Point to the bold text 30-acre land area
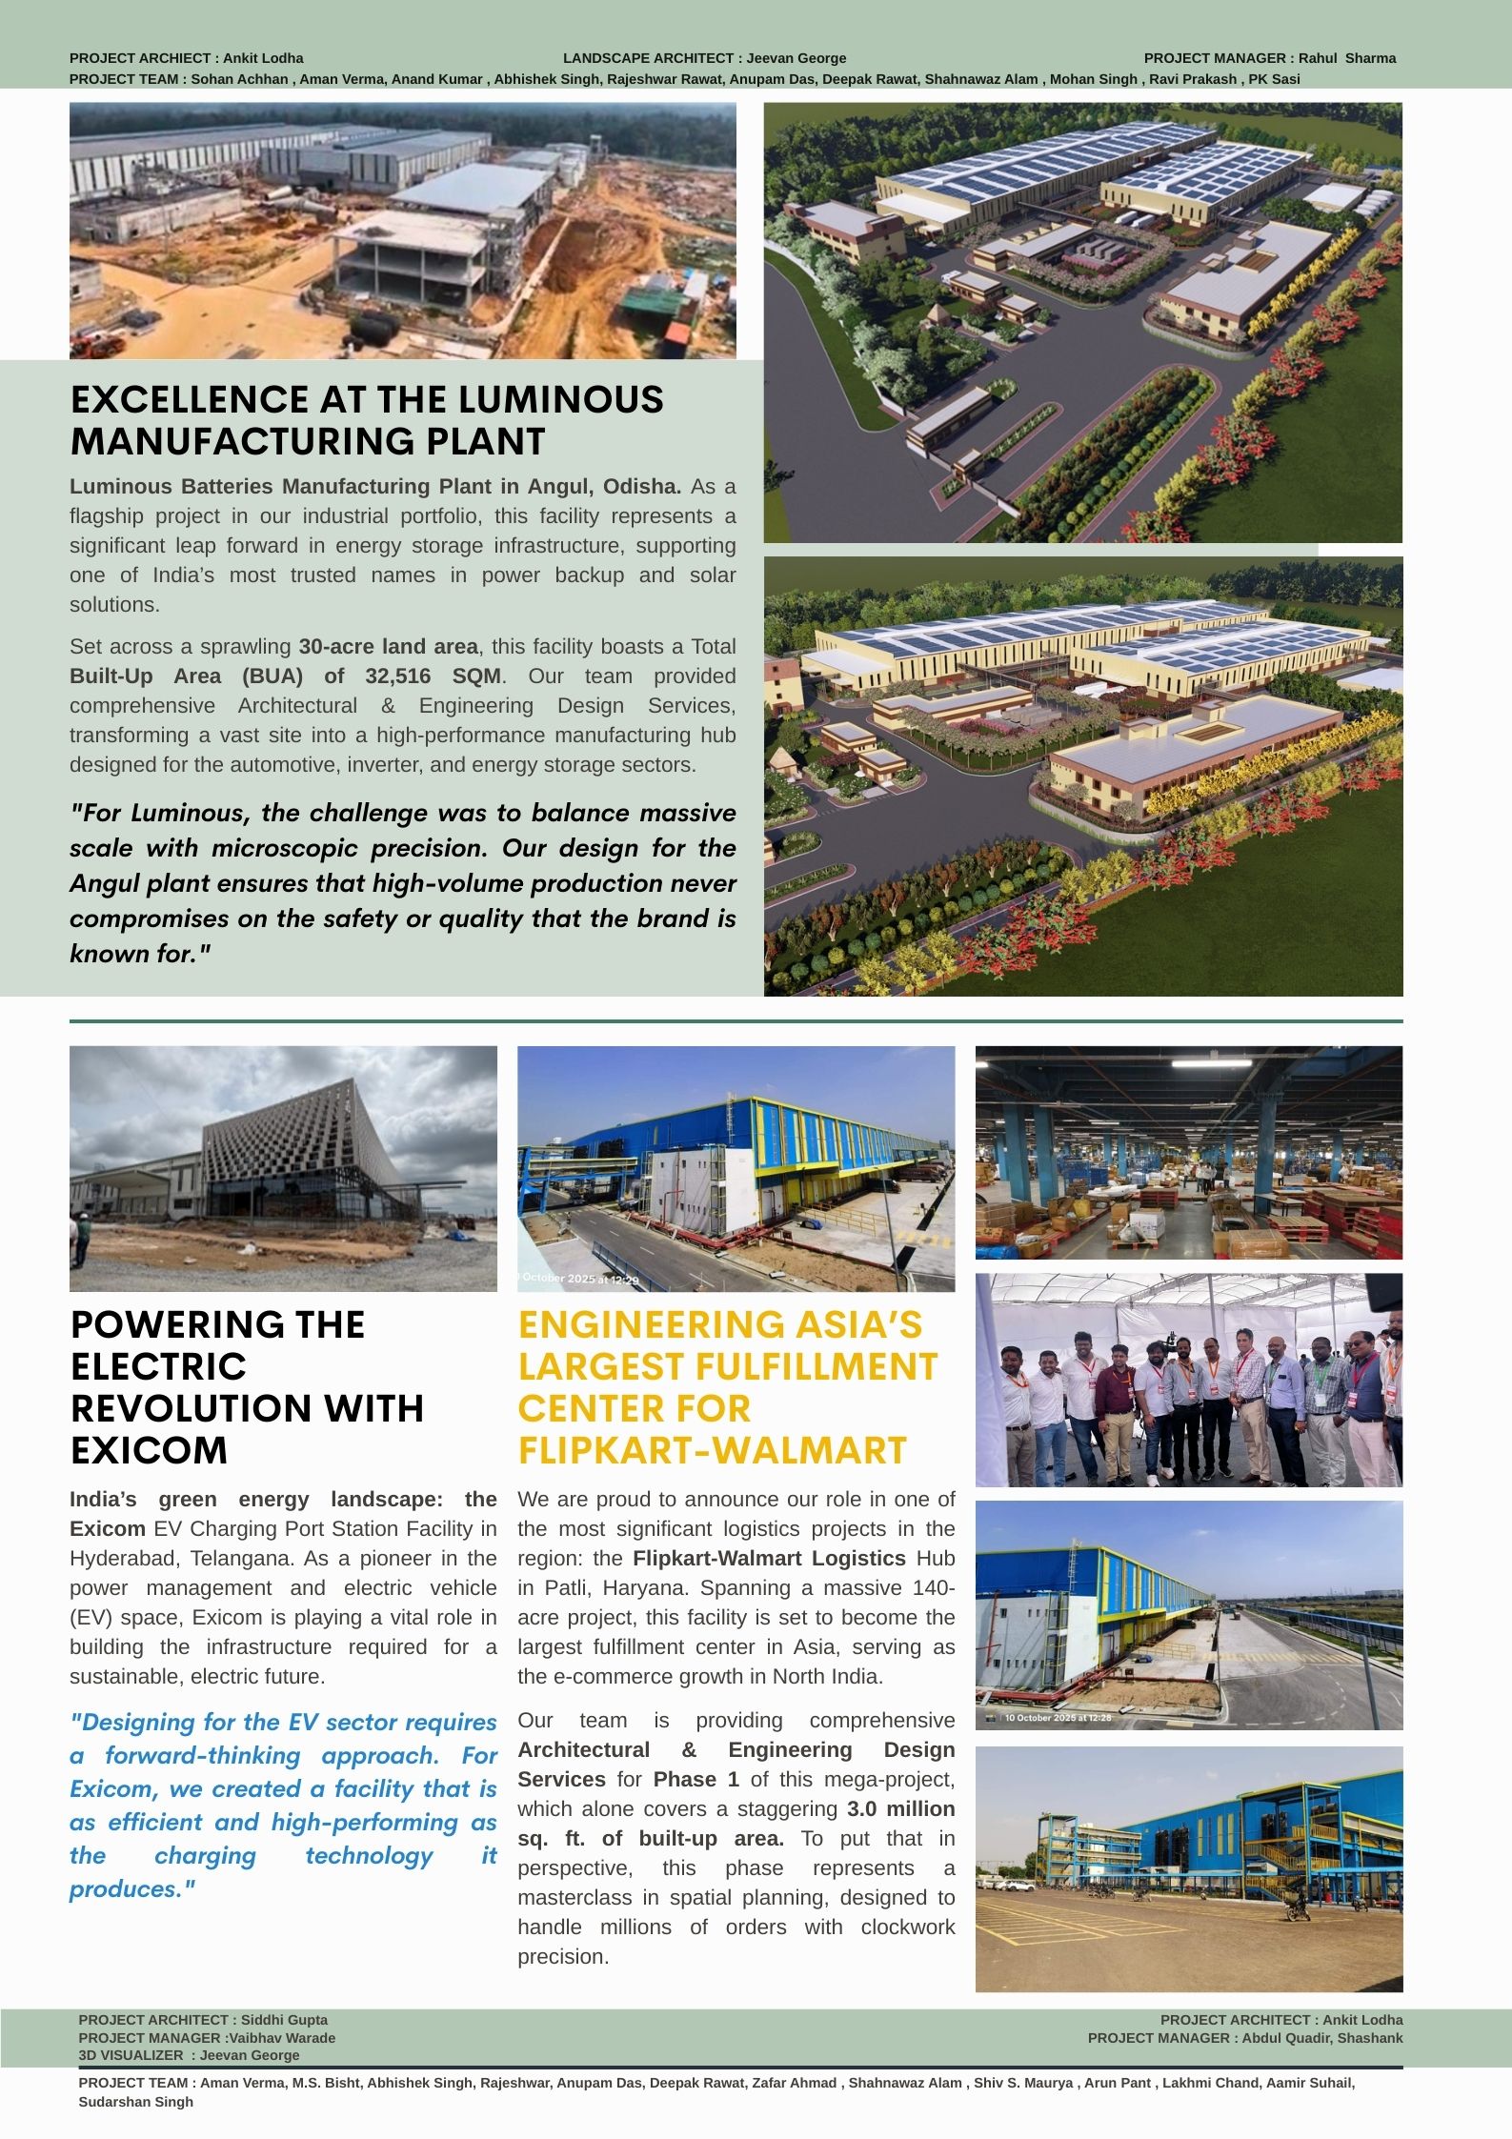pos(388,646)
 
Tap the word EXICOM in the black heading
pos(150,1450)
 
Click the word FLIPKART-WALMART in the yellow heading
pos(712,1450)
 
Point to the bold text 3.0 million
pos(900,1808)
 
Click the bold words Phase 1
pos(696,1779)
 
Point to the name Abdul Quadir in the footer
pos(1281,2038)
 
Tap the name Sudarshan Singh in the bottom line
pos(135,2102)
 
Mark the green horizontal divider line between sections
pos(736,1021)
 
